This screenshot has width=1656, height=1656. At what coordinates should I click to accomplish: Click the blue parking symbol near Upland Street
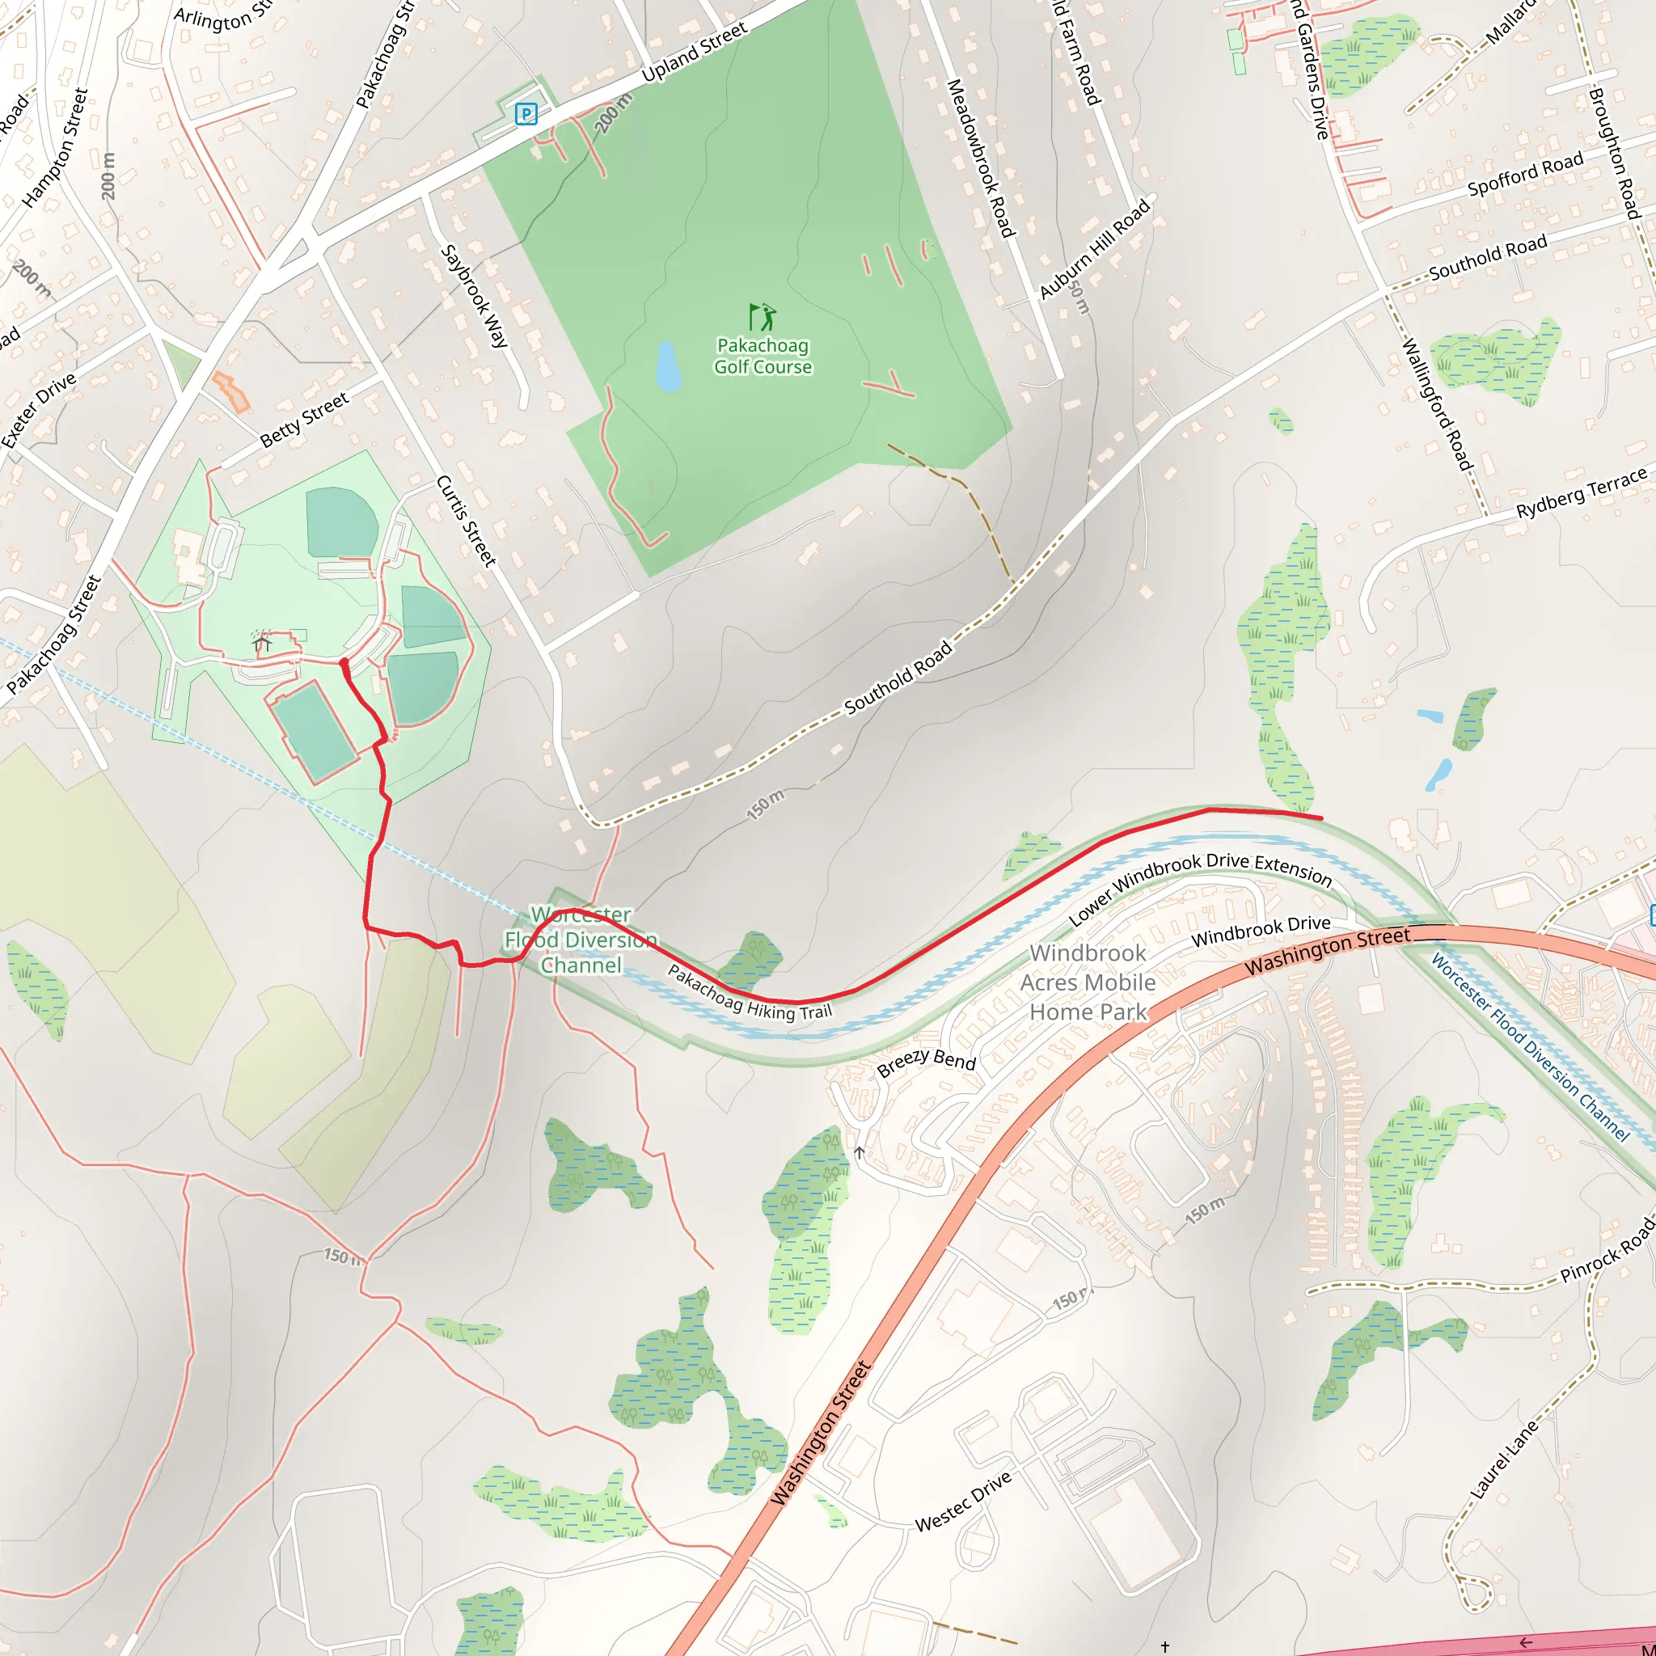[x=526, y=113]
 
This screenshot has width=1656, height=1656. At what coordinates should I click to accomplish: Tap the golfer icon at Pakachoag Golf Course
[x=762, y=317]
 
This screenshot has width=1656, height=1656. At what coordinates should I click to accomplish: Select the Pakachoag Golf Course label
[x=763, y=356]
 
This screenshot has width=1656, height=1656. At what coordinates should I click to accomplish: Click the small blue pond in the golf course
[x=668, y=366]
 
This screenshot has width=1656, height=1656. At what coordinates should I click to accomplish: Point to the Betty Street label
[x=304, y=420]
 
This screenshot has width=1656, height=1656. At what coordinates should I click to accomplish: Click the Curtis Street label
[x=467, y=520]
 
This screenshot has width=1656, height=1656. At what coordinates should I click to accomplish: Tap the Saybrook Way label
[x=474, y=296]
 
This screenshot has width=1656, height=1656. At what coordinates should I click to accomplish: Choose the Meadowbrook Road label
[x=981, y=158]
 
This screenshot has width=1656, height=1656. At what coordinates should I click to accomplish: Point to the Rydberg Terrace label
[x=1582, y=493]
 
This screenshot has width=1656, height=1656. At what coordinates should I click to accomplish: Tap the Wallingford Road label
[x=1437, y=403]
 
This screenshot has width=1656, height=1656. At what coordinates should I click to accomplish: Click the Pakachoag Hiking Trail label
[x=749, y=994]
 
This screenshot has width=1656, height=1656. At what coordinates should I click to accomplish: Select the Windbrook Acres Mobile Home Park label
[x=1088, y=982]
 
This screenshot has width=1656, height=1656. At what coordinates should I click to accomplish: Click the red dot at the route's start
[x=344, y=662]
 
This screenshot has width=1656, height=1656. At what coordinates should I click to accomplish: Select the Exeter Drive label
[x=40, y=410]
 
